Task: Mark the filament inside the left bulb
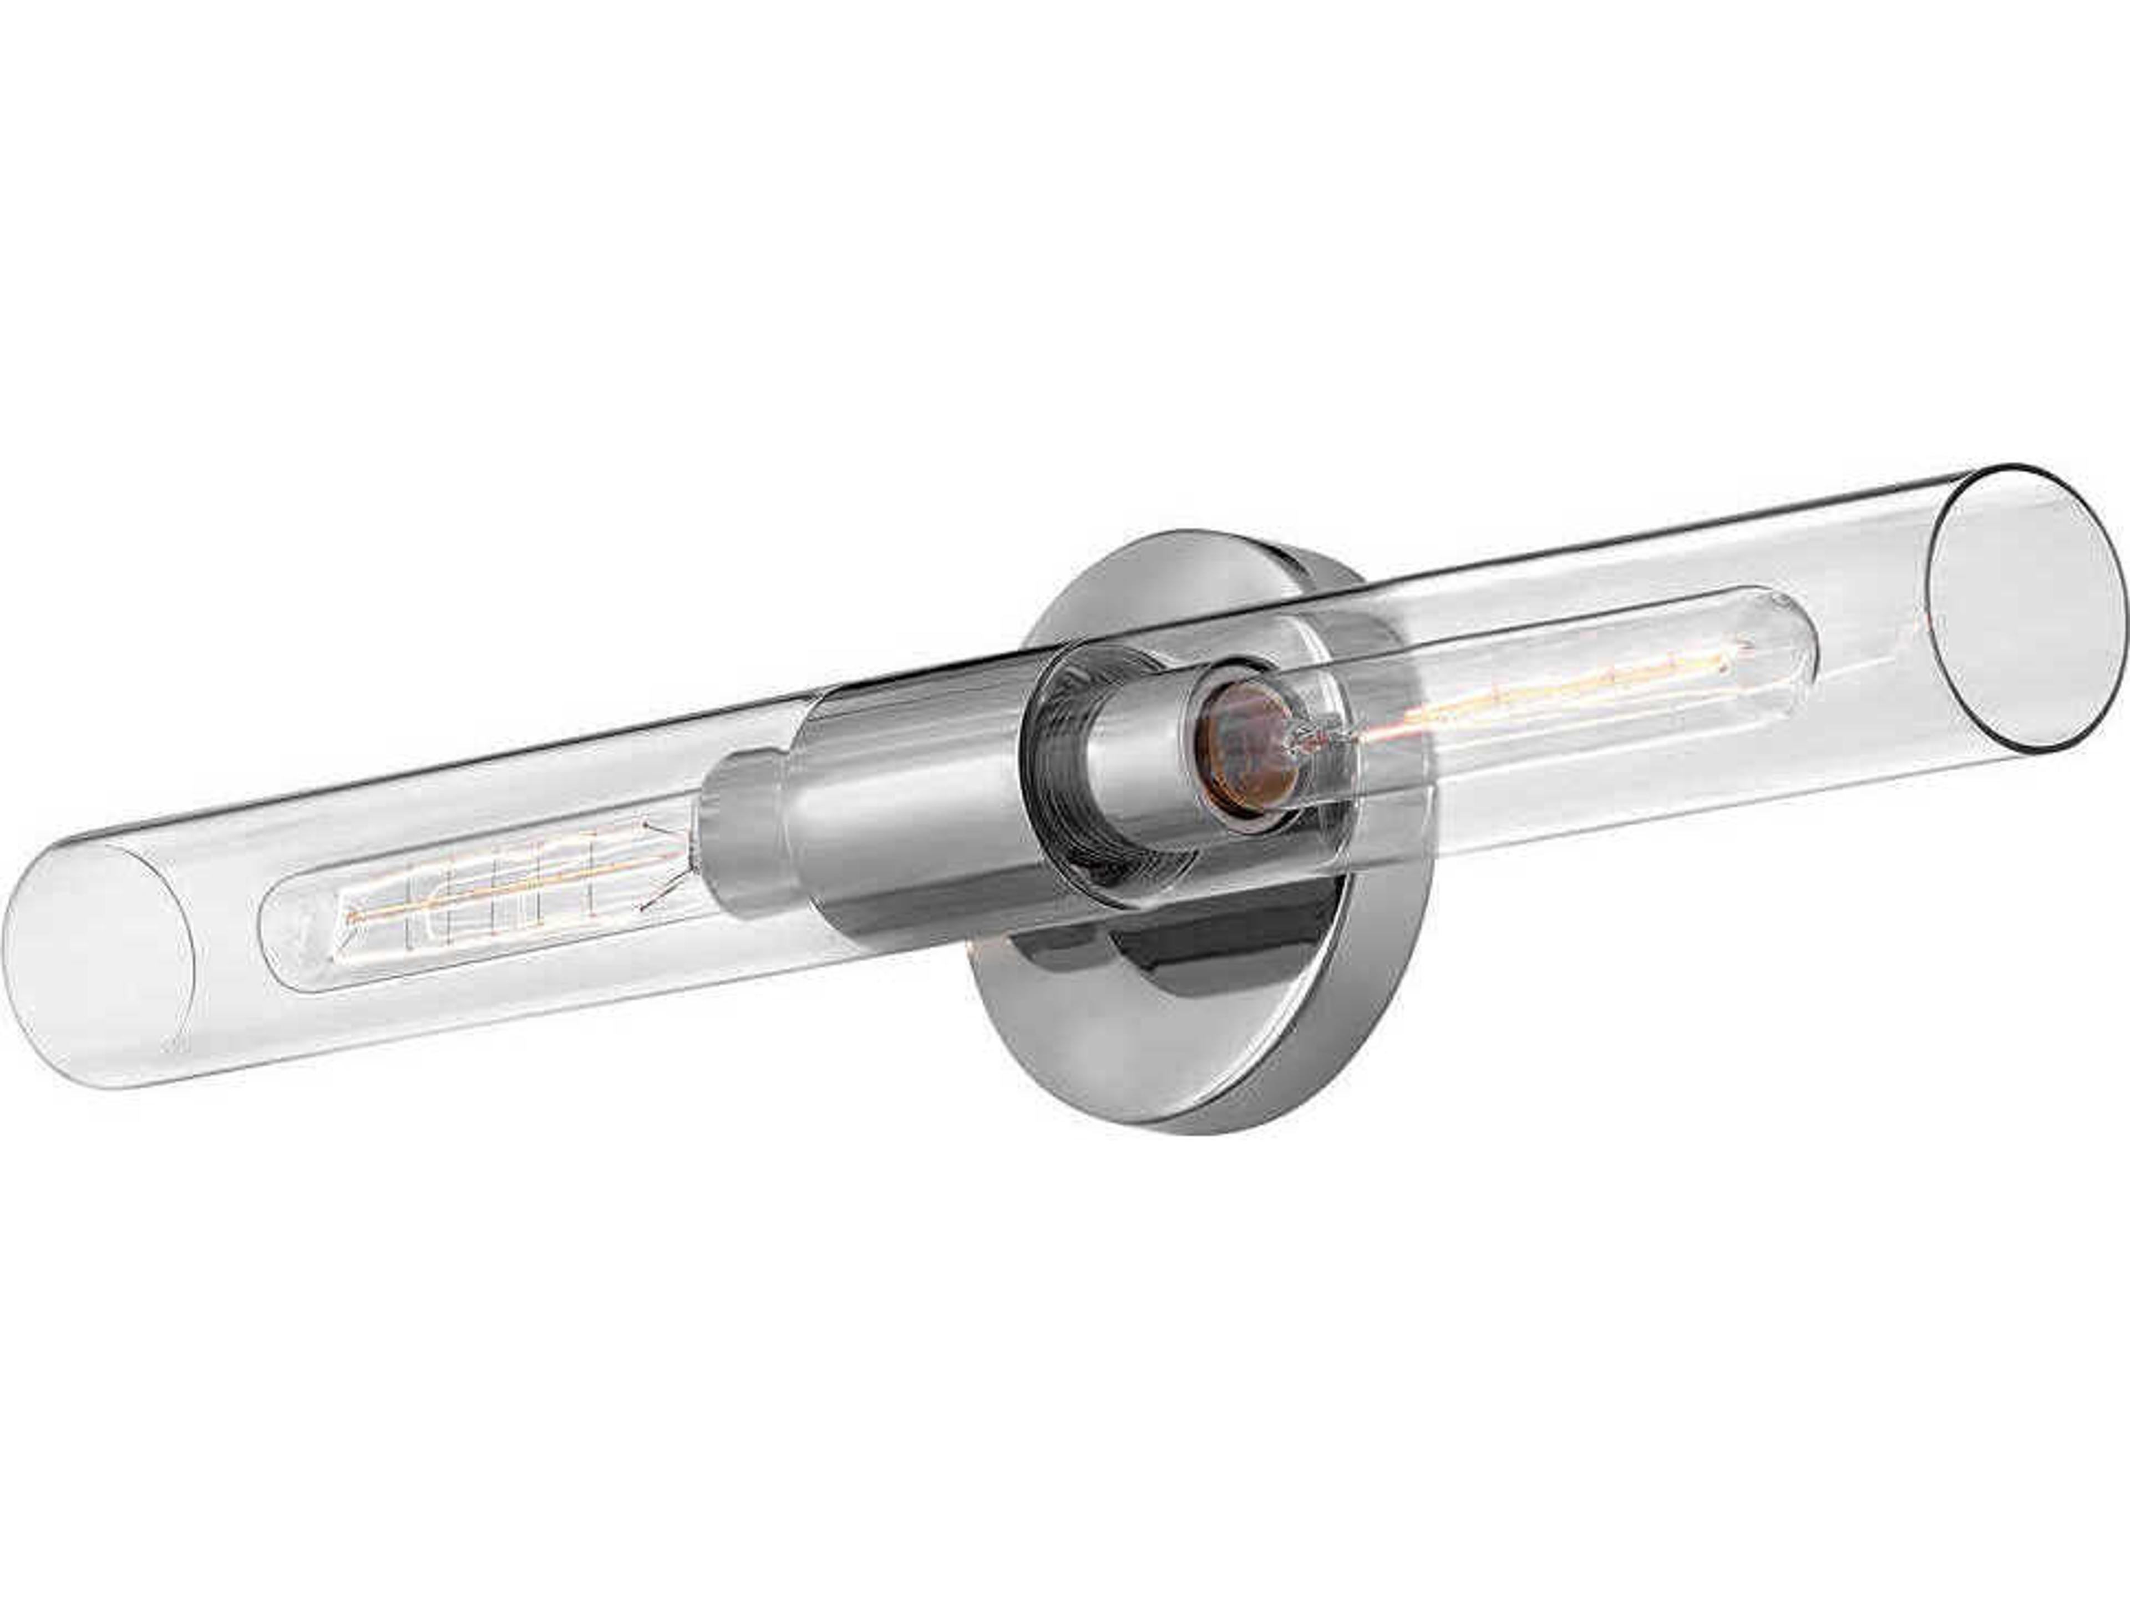click(x=501, y=883)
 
